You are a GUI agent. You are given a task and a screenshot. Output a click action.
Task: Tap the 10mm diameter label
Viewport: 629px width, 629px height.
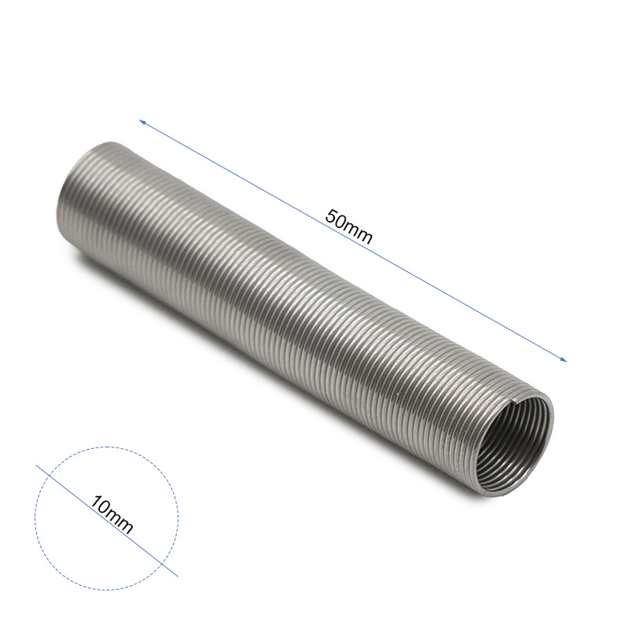point(112,515)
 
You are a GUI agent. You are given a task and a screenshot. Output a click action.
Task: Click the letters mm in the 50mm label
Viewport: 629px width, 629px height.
point(357,232)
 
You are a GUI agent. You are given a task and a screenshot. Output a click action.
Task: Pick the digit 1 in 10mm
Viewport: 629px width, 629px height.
point(96,502)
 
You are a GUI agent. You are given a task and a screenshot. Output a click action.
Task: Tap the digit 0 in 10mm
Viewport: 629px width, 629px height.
point(104,508)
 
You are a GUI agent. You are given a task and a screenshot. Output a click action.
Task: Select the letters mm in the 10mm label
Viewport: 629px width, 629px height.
point(120,522)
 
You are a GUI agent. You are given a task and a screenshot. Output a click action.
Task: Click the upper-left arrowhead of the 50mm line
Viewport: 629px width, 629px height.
point(142,123)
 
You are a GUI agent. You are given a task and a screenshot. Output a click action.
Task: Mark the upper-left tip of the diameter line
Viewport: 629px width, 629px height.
point(36,465)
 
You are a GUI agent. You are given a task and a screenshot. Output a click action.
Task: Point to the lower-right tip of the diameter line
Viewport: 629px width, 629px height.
point(178,576)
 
